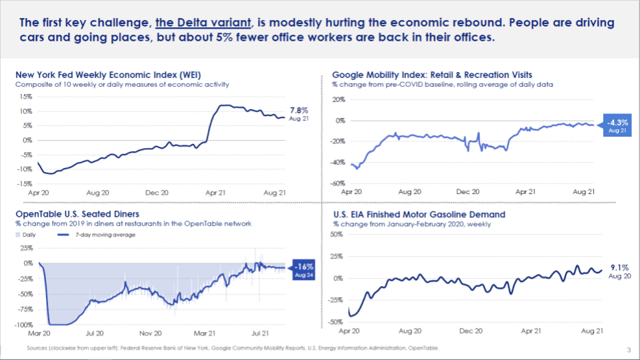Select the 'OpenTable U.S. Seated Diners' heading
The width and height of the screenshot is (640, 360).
coord(77,214)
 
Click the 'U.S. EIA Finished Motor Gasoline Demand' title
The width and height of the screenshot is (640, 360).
coord(419,215)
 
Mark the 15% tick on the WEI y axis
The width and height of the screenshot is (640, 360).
coord(25,96)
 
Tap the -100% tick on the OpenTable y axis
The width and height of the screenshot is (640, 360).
coord(23,325)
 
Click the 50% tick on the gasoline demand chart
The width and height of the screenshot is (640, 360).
coord(337,235)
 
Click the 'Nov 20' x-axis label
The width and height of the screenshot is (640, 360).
coord(151,332)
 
